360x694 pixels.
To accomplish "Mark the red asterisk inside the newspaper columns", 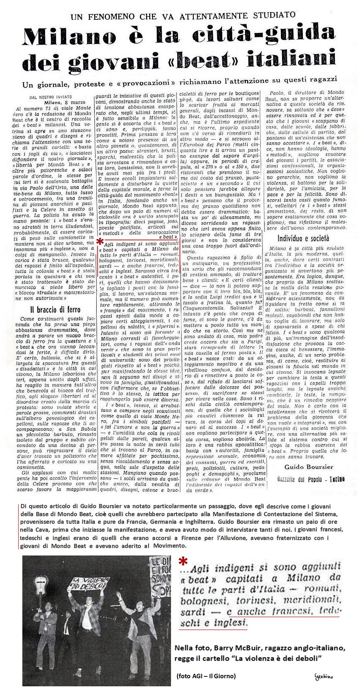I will point(99,241).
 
